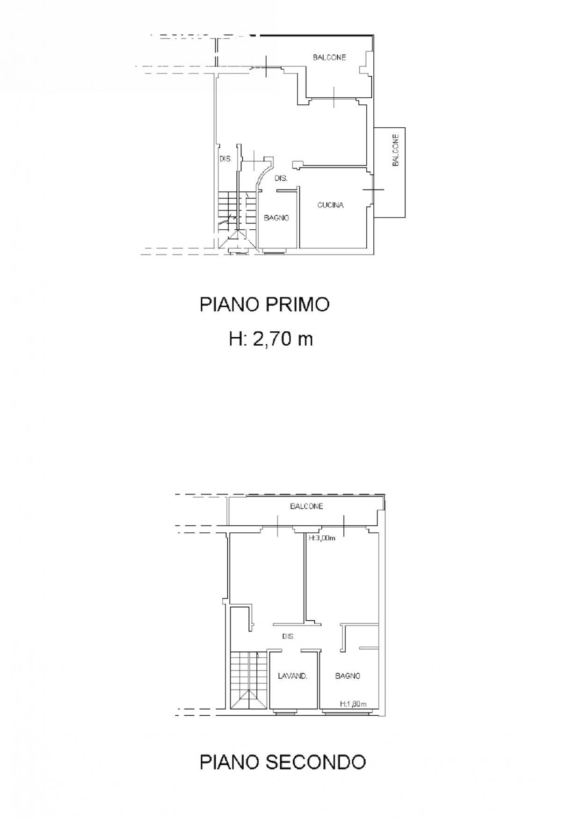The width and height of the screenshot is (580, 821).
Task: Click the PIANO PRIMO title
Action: pos(265,305)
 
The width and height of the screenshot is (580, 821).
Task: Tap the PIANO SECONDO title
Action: pos(283,762)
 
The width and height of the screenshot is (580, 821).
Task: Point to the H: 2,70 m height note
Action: pos(271,338)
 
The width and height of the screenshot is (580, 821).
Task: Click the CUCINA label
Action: pos(330,205)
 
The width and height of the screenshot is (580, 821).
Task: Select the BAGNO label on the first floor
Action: pos(276,218)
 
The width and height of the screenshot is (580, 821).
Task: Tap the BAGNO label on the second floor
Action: pos(348,676)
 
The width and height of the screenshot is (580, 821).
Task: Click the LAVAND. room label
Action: pos(292,676)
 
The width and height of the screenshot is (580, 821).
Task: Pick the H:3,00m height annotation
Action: pos(322,538)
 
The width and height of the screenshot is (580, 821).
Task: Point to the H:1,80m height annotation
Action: pos(353,703)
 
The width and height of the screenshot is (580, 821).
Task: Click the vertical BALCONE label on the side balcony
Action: pos(396,150)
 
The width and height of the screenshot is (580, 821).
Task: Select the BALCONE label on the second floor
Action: pos(306,506)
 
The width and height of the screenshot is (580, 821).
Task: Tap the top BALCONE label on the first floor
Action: pos(329,57)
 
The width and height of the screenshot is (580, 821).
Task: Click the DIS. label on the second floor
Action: pos(288,636)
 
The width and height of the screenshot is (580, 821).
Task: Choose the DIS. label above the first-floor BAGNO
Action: pos(281,178)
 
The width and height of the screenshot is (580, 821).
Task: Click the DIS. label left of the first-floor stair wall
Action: pos(225,159)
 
